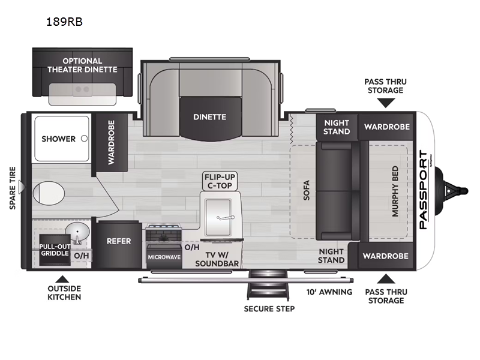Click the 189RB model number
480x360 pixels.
(64, 22)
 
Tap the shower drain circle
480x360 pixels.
(84, 139)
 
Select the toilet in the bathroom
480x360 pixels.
(49, 193)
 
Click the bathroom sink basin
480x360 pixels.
(77, 232)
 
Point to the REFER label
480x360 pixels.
(119, 241)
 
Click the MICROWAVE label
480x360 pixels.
(164, 257)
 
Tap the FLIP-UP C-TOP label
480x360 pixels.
(220, 181)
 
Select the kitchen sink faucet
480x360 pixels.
(226, 218)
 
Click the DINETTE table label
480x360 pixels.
(209, 117)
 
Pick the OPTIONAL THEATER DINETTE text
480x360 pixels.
(82, 65)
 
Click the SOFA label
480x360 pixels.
(307, 190)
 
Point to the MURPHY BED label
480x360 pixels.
(395, 191)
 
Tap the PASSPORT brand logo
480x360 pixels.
(424, 190)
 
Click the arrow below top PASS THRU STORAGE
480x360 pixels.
(386, 103)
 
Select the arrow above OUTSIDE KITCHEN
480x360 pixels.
(62, 279)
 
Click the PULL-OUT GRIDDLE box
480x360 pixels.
(55, 250)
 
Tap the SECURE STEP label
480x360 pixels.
(269, 309)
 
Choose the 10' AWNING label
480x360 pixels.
(329, 292)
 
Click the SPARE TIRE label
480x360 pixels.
(13, 188)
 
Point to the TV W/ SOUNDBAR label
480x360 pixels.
(217, 259)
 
